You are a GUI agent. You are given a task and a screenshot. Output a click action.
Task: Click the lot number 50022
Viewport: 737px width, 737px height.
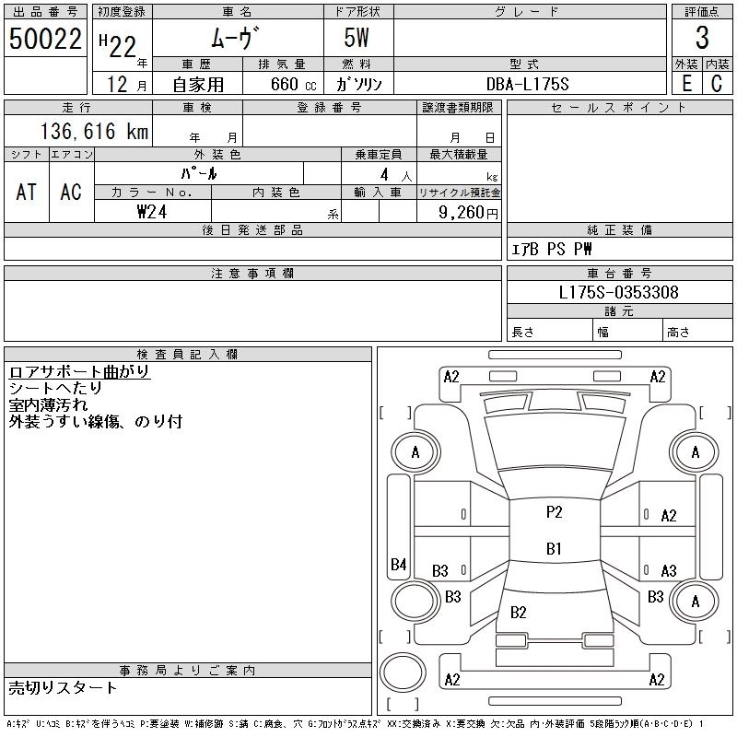pyautogui.click(x=45, y=39)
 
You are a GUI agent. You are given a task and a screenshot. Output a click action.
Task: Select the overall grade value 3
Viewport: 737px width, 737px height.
pyautogui.click(x=702, y=38)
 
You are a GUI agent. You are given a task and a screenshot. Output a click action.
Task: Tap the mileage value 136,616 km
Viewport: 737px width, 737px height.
pyautogui.click(x=94, y=131)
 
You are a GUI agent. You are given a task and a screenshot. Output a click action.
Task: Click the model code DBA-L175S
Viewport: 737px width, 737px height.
pyautogui.click(x=527, y=84)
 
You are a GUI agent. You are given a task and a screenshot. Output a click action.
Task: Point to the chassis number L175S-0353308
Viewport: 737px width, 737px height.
pyautogui.click(x=618, y=292)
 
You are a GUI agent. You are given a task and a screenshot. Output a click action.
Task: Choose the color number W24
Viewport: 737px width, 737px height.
pyautogui.click(x=152, y=212)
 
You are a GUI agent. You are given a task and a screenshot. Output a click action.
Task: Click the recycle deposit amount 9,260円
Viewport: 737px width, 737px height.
pyautogui.click(x=468, y=213)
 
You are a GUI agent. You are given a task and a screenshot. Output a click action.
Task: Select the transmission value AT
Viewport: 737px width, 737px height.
pyautogui.click(x=27, y=192)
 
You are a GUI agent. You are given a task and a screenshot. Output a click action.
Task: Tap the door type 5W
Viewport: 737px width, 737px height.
pyautogui.click(x=357, y=38)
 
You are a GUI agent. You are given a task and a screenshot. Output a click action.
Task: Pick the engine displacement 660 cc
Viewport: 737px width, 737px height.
pyautogui.click(x=293, y=84)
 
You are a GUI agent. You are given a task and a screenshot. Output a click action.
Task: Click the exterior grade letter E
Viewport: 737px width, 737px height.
pyautogui.click(x=686, y=84)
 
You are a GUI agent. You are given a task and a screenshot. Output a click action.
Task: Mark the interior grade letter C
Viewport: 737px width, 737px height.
pyautogui.click(x=717, y=84)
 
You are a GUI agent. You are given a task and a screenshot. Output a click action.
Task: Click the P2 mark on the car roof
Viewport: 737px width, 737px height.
pyautogui.click(x=555, y=512)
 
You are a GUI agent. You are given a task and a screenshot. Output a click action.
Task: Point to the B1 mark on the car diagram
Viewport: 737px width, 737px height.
pyautogui.click(x=554, y=548)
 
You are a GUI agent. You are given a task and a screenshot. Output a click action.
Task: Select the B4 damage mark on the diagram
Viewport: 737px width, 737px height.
pyautogui.click(x=398, y=564)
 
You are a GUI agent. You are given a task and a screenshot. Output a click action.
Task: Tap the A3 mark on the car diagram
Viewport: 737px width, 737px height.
pyautogui.click(x=669, y=570)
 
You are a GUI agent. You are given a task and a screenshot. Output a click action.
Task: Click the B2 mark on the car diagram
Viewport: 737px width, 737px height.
pyautogui.click(x=518, y=612)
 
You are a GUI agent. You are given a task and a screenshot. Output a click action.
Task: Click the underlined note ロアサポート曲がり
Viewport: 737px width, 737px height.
pyautogui.click(x=79, y=371)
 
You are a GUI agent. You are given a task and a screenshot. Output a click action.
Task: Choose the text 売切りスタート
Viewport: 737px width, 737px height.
pyautogui.click(x=63, y=687)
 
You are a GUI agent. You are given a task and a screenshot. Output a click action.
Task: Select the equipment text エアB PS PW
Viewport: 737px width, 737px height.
pyautogui.click(x=551, y=249)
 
